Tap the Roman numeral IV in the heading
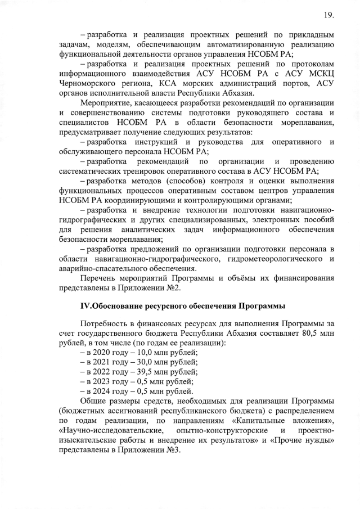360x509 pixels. click(86, 306)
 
